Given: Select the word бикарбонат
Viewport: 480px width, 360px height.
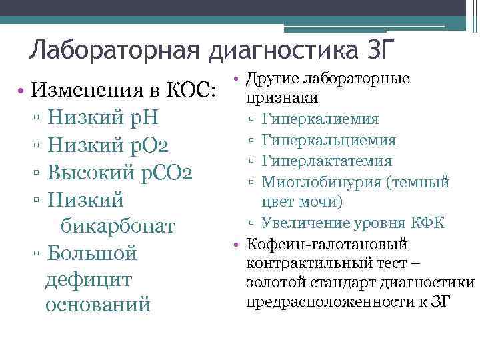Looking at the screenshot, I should point(118,226).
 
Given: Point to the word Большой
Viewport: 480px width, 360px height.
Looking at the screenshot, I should point(93,254).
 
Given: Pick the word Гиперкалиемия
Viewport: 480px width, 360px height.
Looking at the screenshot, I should point(321,119).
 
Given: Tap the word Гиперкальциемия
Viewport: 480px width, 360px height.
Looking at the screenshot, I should point(329,140).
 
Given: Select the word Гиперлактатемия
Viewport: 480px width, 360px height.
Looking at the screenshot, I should point(327,161).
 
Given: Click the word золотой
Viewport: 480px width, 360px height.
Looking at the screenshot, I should point(273,284).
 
